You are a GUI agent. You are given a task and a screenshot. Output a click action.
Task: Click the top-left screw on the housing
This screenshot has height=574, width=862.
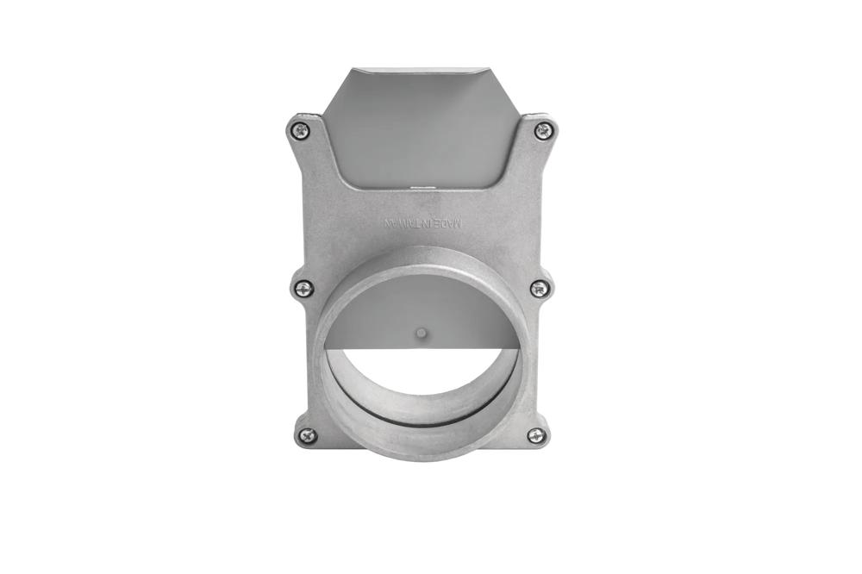(x=299, y=131)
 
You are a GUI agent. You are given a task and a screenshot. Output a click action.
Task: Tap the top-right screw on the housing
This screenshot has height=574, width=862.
(x=542, y=131)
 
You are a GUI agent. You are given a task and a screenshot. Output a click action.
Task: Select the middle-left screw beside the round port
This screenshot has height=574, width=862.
(x=303, y=289)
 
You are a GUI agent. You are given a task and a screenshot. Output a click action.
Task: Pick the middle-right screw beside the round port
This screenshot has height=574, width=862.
(x=540, y=289)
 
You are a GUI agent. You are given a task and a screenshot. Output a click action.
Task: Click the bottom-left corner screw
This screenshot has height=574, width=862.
(x=306, y=436)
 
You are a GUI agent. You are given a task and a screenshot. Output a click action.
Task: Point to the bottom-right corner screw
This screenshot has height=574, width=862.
(x=536, y=436)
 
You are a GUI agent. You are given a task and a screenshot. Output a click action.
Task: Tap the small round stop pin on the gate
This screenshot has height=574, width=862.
(x=420, y=332)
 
